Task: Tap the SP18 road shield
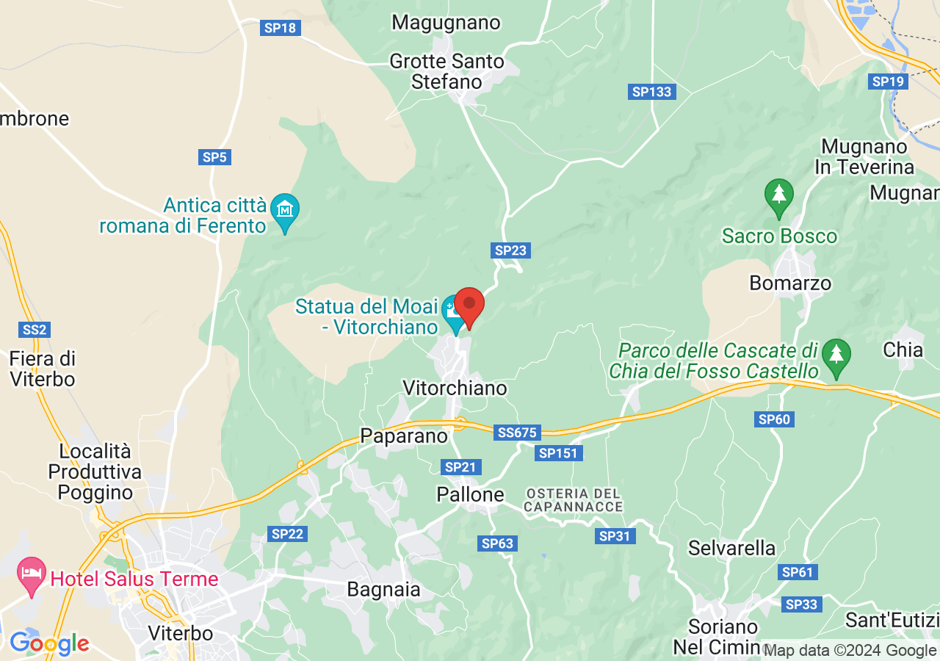[x=280, y=28]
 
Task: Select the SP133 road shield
[x=651, y=92]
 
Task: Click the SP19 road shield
[x=887, y=82]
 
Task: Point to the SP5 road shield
[x=215, y=156]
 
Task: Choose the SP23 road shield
[x=511, y=250]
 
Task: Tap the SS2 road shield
[x=35, y=330]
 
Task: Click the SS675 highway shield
[x=518, y=433]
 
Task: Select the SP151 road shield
[x=559, y=453]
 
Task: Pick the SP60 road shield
[x=774, y=419]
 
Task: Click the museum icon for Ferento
[x=284, y=209]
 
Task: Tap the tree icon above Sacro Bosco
[x=778, y=196]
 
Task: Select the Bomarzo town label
[x=790, y=283]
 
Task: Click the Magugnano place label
[x=446, y=23]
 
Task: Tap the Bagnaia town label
[x=384, y=589]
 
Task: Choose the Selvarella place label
[x=731, y=548]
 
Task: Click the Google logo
[x=49, y=644]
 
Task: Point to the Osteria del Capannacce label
[x=574, y=499]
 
